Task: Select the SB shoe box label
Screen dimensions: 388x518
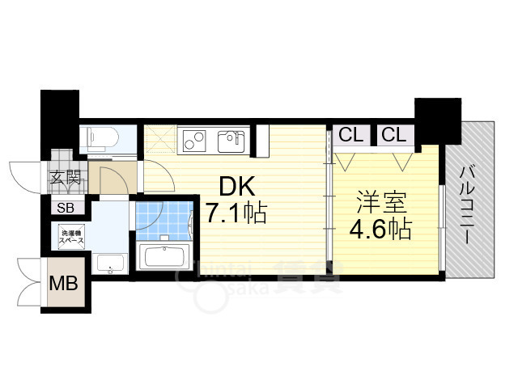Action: click(64, 208)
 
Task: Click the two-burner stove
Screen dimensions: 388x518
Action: click(195, 140)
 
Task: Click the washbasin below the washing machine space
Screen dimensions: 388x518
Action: click(108, 262)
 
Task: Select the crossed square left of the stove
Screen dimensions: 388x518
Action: click(159, 139)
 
